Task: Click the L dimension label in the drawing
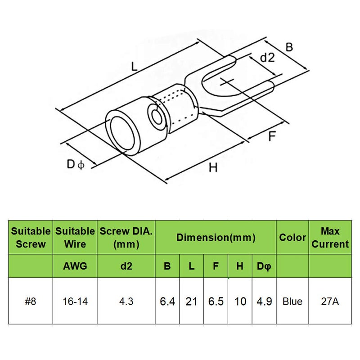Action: click(x=134, y=67)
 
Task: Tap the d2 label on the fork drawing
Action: click(x=267, y=57)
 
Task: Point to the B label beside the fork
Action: click(x=289, y=47)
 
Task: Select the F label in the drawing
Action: click(x=272, y=136)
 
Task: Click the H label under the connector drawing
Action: click(x=213, y=167)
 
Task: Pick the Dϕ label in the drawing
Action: click(x=76, y=164)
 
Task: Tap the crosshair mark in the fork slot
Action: click(x=227, y=82)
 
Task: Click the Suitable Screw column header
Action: click(x=31, y=238)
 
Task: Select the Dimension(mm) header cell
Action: click(x=216, y=238)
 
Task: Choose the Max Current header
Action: click(x=330, y=238)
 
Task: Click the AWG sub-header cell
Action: click(x=75, y=266)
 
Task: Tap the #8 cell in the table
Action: click(x=31, y=301)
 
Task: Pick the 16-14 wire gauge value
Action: click(x=75, y=301)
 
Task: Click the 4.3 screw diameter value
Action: click(x=126, y=301)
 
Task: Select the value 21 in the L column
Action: click(x=191, y=301)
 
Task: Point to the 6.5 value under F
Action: click(x=216, y=301)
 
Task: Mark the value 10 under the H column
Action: click(x=240, y=301)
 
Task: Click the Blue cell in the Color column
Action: click(x=292, y=301)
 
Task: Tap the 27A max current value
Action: click(x=330, y=301)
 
